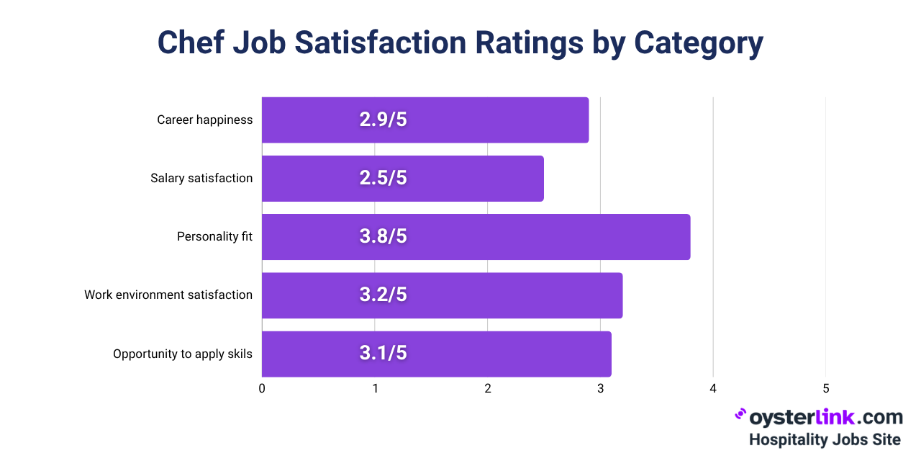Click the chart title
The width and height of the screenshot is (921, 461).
(460, 43)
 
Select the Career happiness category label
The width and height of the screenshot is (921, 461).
(205, 120)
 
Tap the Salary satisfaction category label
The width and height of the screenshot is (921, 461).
(201, 178)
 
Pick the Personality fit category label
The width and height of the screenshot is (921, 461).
(214, 236)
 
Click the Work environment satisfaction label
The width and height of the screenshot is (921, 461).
(168, 295)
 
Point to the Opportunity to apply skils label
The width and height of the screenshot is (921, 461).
(183, 354)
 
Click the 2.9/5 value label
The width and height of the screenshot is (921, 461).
(383, 120)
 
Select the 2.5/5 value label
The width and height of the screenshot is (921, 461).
(383, 178)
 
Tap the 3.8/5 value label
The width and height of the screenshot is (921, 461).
(383, 236)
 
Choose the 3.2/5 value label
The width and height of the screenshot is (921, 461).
(383, 295)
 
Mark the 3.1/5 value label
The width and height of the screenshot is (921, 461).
(383, 354)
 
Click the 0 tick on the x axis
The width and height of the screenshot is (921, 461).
(262, 389)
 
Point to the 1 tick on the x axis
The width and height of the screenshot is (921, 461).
(375, 389)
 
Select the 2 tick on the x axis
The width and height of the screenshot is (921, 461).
(488, 389)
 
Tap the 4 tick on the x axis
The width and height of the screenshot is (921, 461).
(713, 389)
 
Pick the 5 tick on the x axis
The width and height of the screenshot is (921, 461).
(826, 389)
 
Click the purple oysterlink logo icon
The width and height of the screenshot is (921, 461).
(740, 416)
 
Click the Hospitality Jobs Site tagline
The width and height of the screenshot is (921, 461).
(825, 439)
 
